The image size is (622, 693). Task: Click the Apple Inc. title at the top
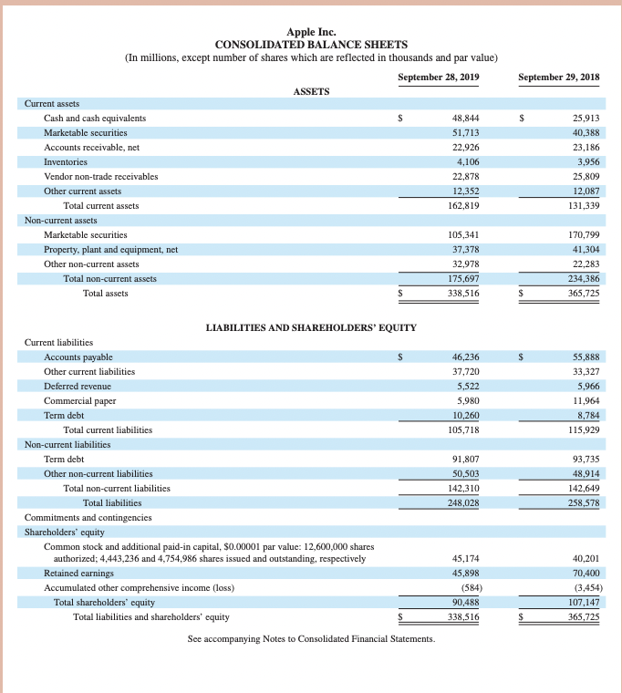[x=311, y=31]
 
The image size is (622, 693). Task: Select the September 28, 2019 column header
[x=439, y=77]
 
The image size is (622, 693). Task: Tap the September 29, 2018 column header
[x=558, y=77]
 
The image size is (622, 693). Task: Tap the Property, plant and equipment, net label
[x=110, y=249]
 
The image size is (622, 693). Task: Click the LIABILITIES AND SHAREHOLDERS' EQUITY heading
[x=311, y=327]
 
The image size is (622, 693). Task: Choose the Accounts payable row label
[x=78, y=357]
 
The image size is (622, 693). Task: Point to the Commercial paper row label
[x=80, y=400]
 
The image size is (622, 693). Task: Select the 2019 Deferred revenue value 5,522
[x=467, y=387]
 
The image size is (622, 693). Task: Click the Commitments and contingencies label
[x=88, y=517]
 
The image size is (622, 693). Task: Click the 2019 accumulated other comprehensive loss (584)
[x=469, y=588]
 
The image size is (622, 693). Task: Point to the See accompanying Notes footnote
[x=311, y=638]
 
